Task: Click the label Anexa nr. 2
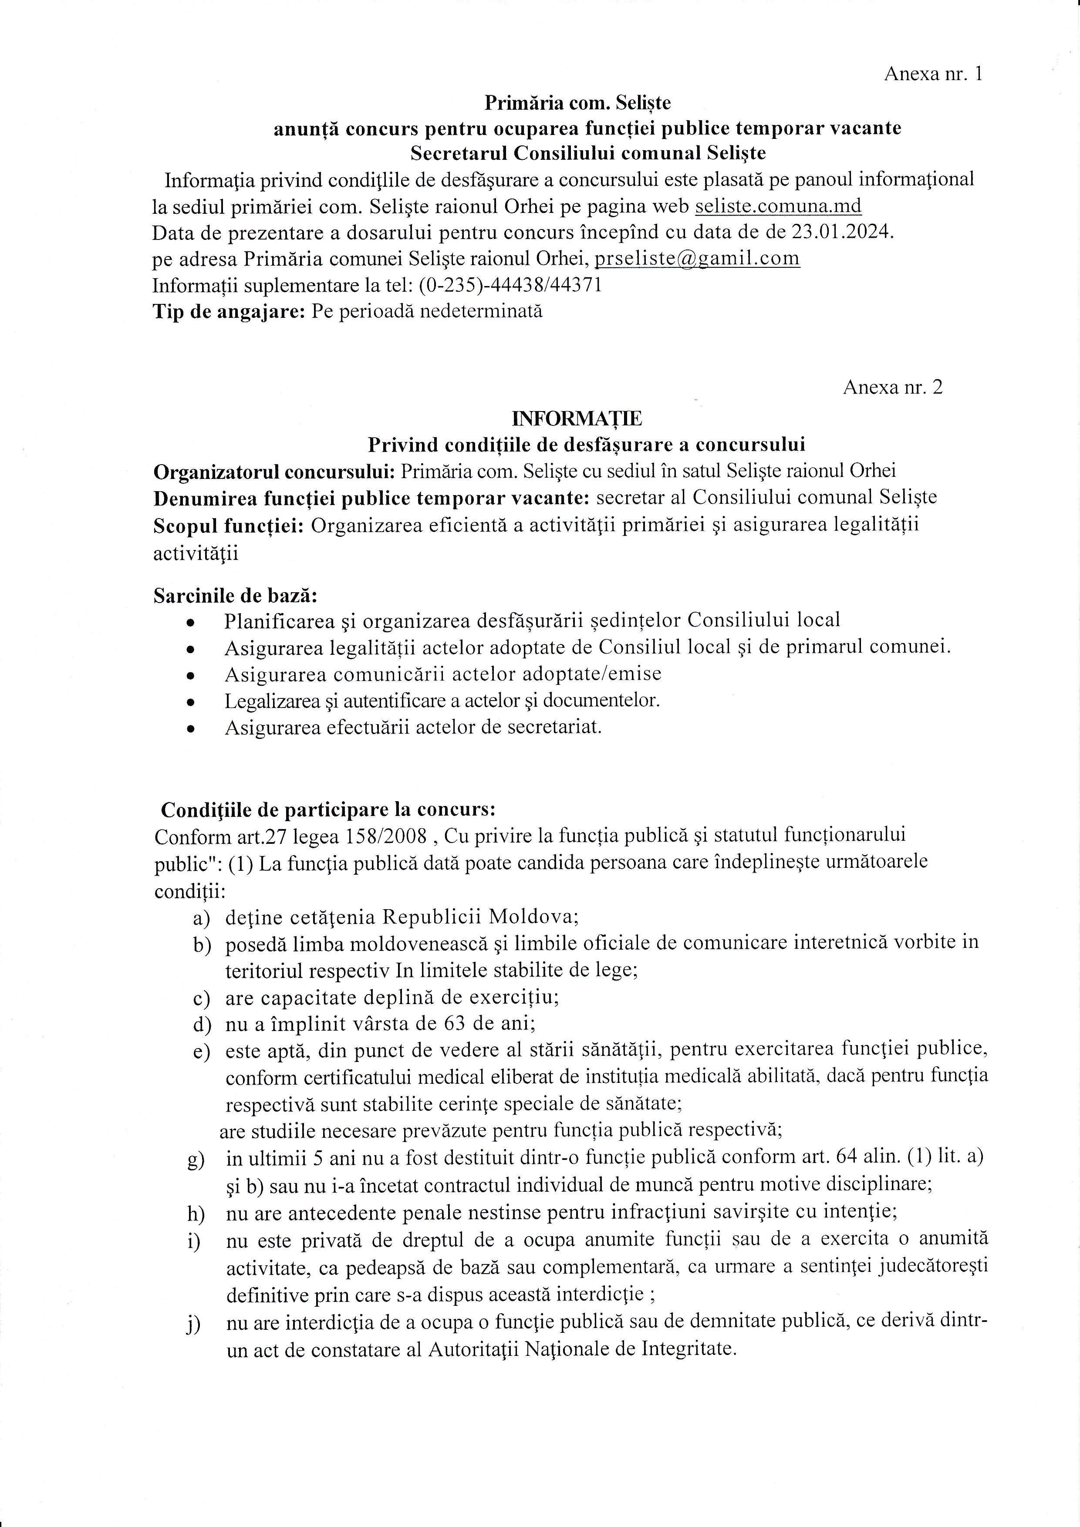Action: pos(892,387)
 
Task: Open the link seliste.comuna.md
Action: pos(778,206)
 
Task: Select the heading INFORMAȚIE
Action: pos(577,418)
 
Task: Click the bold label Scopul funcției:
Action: pos(229,526)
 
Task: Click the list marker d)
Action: pos(202,1024)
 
